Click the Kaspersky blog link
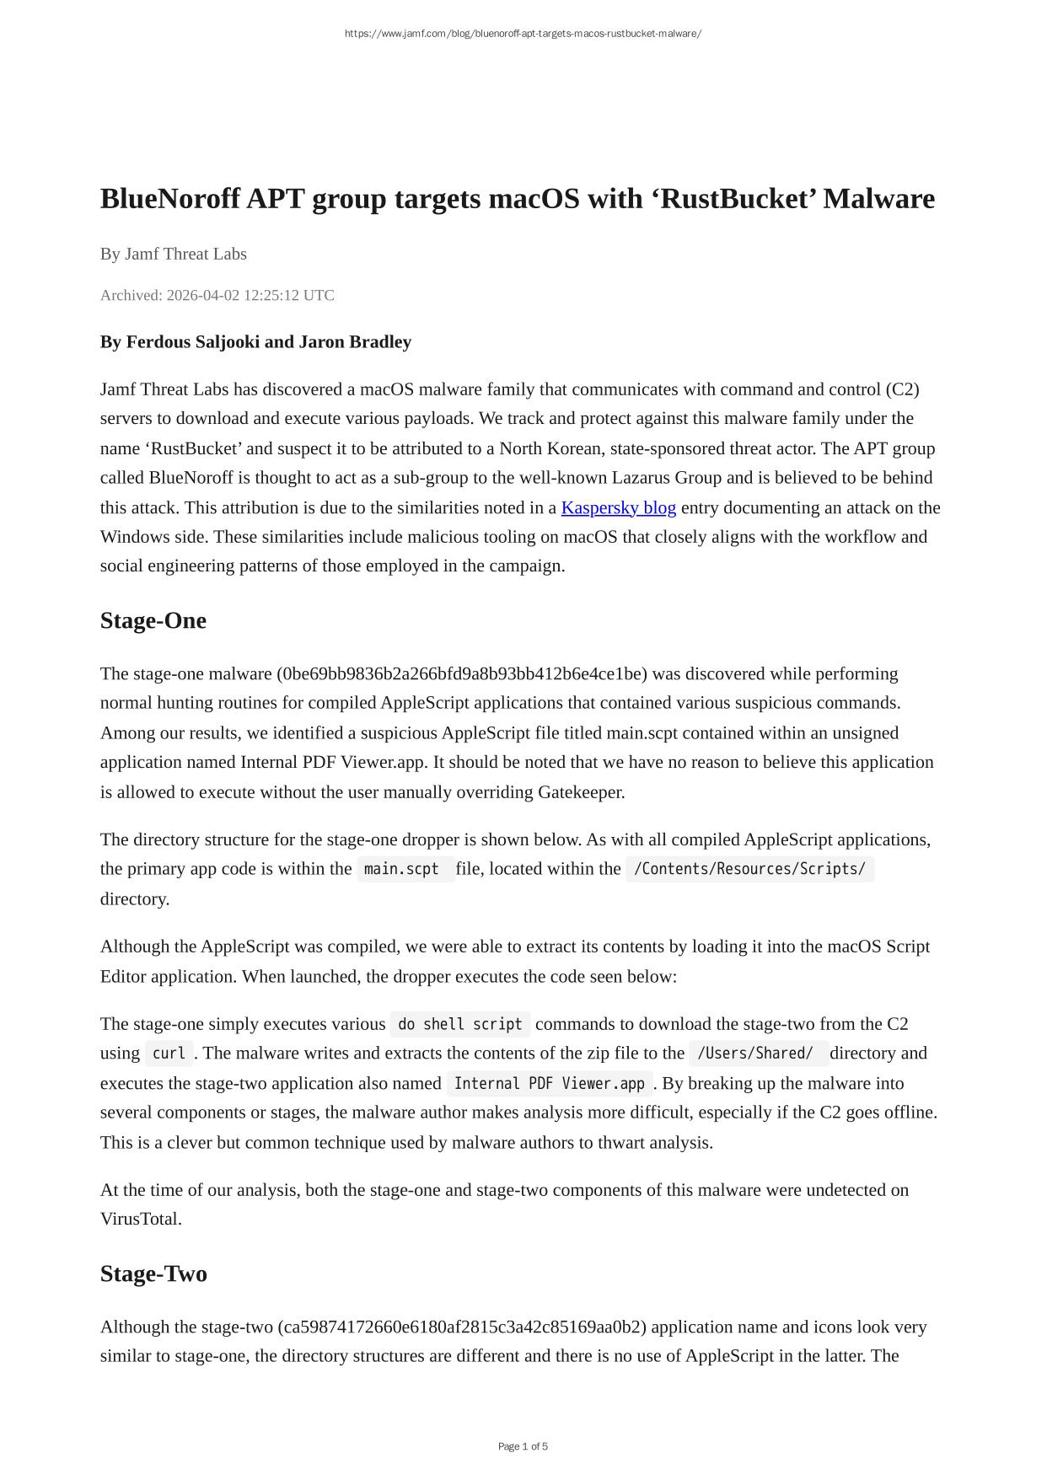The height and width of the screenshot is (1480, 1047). [x=618, y=507]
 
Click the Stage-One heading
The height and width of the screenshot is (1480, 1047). [x=153, y=620]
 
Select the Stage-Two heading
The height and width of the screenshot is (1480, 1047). [x=153, y=1273]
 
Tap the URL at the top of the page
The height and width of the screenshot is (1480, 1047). [x=523, y=34]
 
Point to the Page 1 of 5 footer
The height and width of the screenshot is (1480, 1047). [x=523, y=1446]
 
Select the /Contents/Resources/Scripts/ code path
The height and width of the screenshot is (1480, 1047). [x=749, y=869]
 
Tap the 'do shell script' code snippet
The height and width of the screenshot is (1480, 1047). [x=459, y=1024]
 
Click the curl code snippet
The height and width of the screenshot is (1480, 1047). [x=169, y=1054]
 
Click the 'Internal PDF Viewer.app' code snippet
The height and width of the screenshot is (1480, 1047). [x=549, y=1083]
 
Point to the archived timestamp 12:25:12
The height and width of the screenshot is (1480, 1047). [x=271, y=295]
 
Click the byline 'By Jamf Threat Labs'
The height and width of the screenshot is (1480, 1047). [x=173, y=254]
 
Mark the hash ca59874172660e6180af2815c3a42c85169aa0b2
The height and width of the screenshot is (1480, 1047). [x=462, y=1327]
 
